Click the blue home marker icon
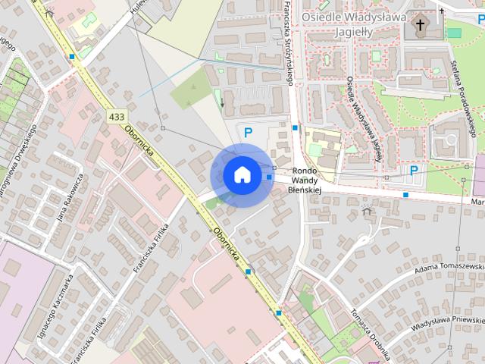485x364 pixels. [x=242, y=174]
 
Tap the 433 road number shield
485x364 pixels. [x=116, y=117]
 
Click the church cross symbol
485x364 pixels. [x=420, y=26]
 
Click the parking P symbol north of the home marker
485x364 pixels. [x=247, y=132]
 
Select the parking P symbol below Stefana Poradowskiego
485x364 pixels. [x=414, y=171]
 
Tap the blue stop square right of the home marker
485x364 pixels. [x=269, y=177]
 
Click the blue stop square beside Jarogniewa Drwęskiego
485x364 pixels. [x=71, y=56]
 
